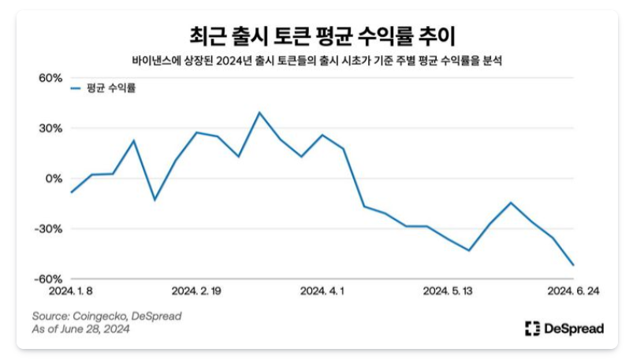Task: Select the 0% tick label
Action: pyautogui.click(x=53, y=179)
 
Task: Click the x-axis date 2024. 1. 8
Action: pyautogui.click(x=72, y=291)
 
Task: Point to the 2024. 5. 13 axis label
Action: pyautogui.click(x=447, y=291)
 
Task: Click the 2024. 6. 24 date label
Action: pyautogui.click(x=573, y=291)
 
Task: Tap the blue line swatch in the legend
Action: pyautogui.click(x=75, y=88)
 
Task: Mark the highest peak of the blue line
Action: pyautogui.click(x=259, y=112)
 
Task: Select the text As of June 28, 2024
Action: pyautogui.click(x=80, y=329)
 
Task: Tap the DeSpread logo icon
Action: pyautogui.click(x=532, y=328)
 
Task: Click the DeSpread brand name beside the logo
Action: pyautogui.click(x=573, y=328)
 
